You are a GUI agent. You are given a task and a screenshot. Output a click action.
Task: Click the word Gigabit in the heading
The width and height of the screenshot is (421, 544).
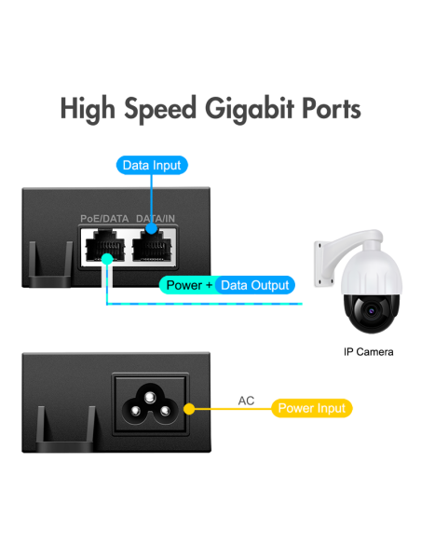pos(250,109)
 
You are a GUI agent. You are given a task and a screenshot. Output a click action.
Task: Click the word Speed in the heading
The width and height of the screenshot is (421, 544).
pos(160,109)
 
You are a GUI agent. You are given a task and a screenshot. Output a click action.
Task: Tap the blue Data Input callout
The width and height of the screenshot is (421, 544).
pos(152,165)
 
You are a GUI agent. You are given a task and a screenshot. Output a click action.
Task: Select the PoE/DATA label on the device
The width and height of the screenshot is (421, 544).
pos(104,219)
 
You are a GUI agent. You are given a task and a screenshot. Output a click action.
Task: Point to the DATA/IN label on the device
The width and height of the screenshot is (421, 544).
pos(156,219)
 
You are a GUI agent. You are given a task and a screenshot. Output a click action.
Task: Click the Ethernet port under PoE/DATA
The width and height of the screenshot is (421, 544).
pos(105,245)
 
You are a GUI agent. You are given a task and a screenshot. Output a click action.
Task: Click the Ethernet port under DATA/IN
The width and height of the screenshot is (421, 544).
pos(152,246)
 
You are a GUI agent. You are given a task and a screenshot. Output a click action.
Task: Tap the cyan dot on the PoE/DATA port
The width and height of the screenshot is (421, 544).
pos(107,259)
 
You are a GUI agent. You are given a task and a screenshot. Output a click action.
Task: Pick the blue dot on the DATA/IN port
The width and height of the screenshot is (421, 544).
pos(151,228)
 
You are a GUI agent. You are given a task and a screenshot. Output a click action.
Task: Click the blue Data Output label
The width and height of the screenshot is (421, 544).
pos(255,285)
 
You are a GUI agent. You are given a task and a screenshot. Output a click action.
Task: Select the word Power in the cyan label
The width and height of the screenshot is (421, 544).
pos(184,285)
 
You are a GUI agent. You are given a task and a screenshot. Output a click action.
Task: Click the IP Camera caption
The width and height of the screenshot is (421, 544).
pos(368,352)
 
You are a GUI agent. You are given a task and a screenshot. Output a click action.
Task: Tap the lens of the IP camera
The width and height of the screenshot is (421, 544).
pos(371,310)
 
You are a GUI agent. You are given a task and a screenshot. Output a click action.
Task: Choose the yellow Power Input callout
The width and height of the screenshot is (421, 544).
pos(312,408)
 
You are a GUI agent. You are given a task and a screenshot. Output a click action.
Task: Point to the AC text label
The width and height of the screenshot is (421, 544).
pos(246,401)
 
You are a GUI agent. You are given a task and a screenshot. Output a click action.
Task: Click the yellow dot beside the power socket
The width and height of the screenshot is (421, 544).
pos(189,409)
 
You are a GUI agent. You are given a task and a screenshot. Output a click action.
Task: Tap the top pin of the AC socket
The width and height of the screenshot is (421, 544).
pos(149,397)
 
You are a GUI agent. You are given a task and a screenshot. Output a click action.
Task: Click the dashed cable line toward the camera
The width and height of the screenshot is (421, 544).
pos(205,304)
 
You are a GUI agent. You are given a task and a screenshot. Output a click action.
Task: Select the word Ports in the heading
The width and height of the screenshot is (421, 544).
pos(332,109)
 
